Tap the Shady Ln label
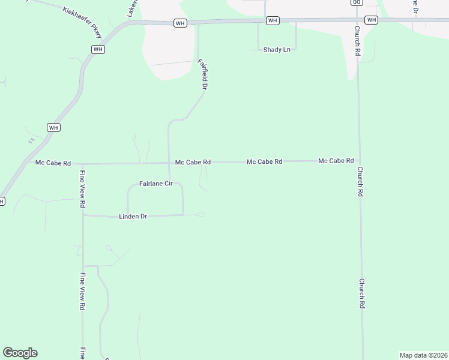click(277, 49)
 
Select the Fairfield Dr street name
click(204, 74)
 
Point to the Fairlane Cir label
click(156, 184)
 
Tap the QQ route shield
click(357, 2)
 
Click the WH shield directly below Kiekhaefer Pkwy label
click(98, 49)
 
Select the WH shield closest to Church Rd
click(371, 20)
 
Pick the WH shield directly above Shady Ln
click(273, 20)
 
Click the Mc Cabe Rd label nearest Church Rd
click(336, 161)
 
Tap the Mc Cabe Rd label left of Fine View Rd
click(53, 163)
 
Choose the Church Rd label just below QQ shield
click(357, 41)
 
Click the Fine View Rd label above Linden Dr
click(82, 188)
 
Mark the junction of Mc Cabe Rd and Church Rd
click(359, 161)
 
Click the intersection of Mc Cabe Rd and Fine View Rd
click(82, 163)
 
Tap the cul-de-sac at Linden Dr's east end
click(201, 214)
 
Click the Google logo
click(20, 353)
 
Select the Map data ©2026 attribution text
click(423, 355)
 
